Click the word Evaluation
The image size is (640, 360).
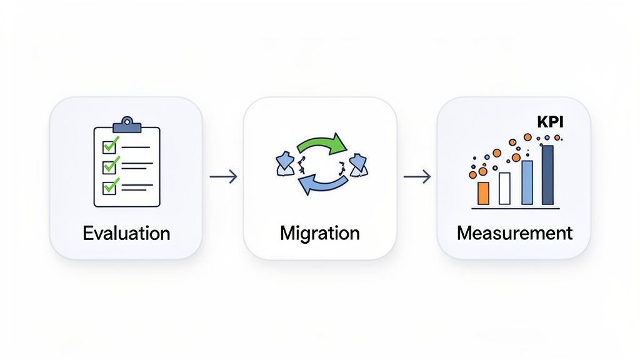point(126,233)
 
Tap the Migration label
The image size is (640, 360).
point(319,233)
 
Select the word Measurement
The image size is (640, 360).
point(514,233)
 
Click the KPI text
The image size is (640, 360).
point(550,122)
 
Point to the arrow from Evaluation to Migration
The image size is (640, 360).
point(223,177)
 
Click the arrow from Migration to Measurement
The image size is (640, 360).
point(417,177)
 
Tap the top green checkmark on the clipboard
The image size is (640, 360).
point(111,146)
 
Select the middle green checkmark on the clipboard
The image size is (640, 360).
point(111,165)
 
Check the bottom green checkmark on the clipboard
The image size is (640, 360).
point(111,185)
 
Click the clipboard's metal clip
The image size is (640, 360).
point(127,122)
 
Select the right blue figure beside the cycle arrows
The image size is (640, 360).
point(358,163)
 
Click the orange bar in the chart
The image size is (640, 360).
point(483,193)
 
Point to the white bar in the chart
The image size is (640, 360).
point(504,188)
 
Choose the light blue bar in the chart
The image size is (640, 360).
point(527,182)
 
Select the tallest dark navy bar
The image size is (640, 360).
point(547,174)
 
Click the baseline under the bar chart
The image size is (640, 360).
point(516,209)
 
